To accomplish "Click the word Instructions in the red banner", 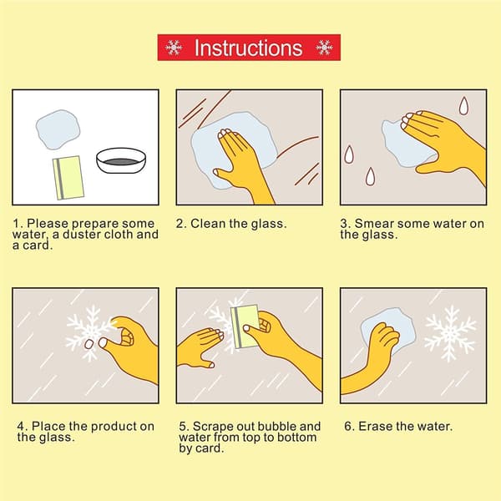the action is coord(248,48).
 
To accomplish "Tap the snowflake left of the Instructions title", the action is coord(174,48).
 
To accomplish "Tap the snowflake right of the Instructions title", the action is coord(324,48).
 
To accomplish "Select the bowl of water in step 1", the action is coord(121,160).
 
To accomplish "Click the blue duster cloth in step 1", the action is coord(58,129).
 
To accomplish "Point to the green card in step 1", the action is coord(68,178).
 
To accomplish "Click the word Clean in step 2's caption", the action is coord(208,224).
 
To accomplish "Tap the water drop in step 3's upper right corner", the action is coord(463,105).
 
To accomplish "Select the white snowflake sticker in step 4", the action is coord(89,333).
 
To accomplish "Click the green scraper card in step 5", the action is coord(245,326).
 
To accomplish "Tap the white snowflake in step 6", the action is coord(450,333).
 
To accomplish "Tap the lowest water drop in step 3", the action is coord(370,176).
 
